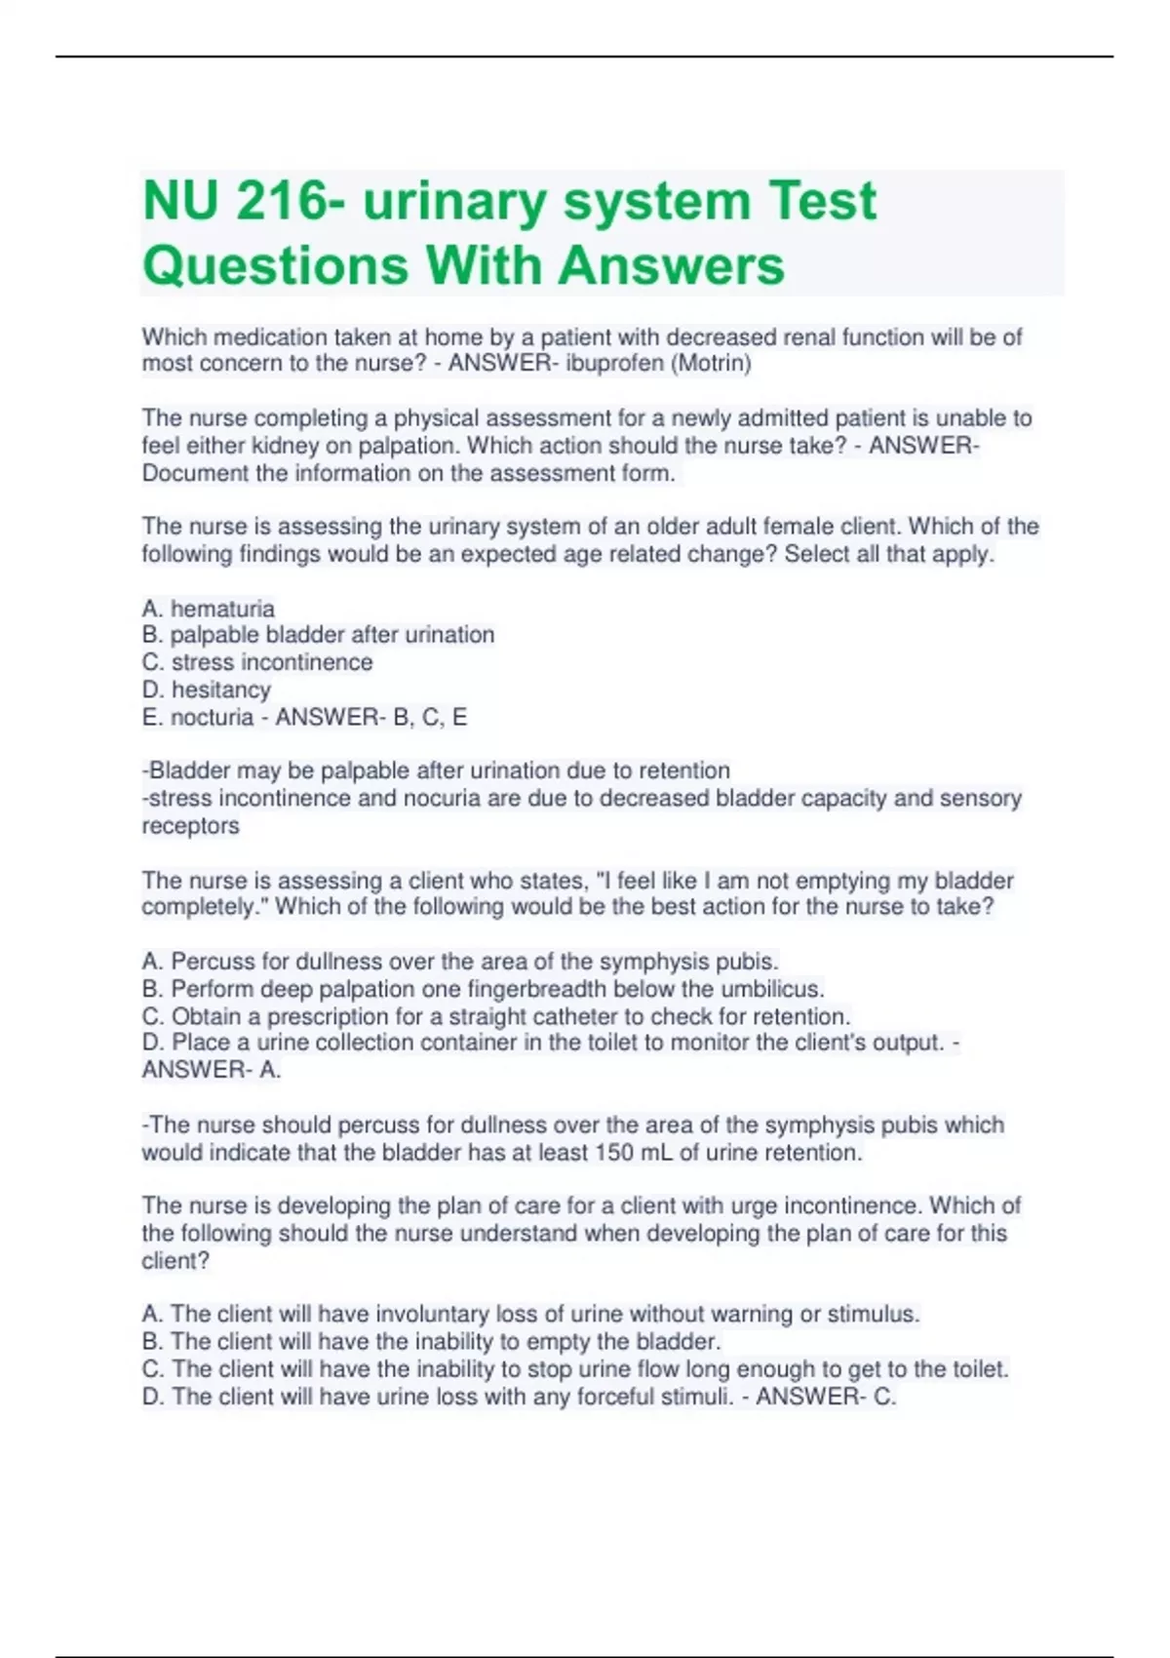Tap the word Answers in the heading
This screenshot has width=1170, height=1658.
coord(673,265)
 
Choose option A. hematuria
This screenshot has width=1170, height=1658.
coord(209,609)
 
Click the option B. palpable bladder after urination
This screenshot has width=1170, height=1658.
coord(318,635)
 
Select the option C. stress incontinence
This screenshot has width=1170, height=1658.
coord(257,662)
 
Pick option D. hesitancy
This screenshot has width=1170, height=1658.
coord(207,690)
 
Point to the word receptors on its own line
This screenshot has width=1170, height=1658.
coord(190,825)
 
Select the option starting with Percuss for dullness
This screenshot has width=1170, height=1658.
coord(460,961)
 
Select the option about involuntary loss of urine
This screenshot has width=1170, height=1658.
coord(530,1314)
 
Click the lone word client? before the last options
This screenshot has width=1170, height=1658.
coord(175,1260)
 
